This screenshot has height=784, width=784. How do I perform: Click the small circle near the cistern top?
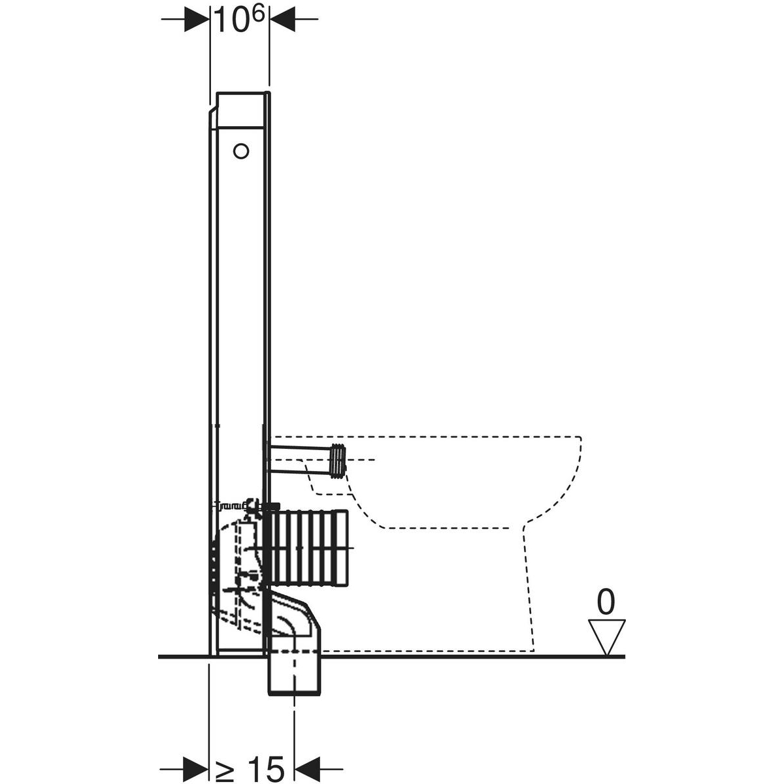[241, 152]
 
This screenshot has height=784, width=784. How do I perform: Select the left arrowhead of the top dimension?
[197, 19]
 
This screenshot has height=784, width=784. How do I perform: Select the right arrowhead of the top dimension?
[282, 19]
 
